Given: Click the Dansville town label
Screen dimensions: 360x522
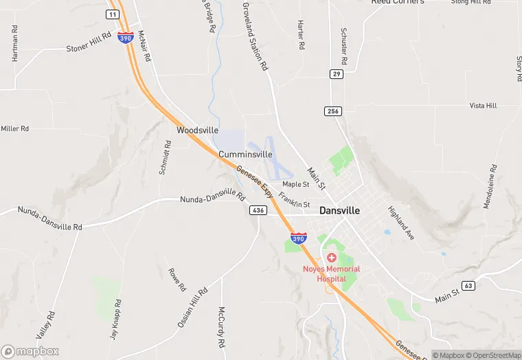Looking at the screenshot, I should (x=339, y=212).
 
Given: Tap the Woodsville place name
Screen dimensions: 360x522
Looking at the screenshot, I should (x=197, y=130).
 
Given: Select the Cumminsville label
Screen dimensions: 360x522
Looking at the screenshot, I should (x=245, y=155).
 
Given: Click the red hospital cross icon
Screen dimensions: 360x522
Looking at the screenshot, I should (x=332, y=257).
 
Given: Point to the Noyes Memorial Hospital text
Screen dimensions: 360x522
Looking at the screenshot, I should (x=332, y=273).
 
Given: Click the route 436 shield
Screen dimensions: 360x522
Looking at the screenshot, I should (x=258, y=210).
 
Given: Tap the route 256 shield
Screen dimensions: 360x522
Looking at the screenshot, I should (x=333, y=111).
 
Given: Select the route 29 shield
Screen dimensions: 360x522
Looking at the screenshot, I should (x=336, y=74).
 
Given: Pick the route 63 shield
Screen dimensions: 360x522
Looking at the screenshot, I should (x=468, y=285).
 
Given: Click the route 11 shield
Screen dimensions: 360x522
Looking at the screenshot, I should (x=113, y=14).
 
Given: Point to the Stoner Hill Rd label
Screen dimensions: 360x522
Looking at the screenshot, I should (x=89, y=42).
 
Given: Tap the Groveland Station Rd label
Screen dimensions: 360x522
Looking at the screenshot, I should (x=254, y=36).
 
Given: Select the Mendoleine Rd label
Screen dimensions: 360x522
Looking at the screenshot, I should (x=490, y=187).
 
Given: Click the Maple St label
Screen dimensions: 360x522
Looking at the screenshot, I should (x=296, y=184).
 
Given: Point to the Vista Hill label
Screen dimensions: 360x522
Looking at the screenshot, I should (x=482, y=106).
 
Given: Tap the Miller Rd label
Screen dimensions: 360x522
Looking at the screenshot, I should (x=15, y=128).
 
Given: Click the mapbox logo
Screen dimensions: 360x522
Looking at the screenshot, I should (x=30, y=351).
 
